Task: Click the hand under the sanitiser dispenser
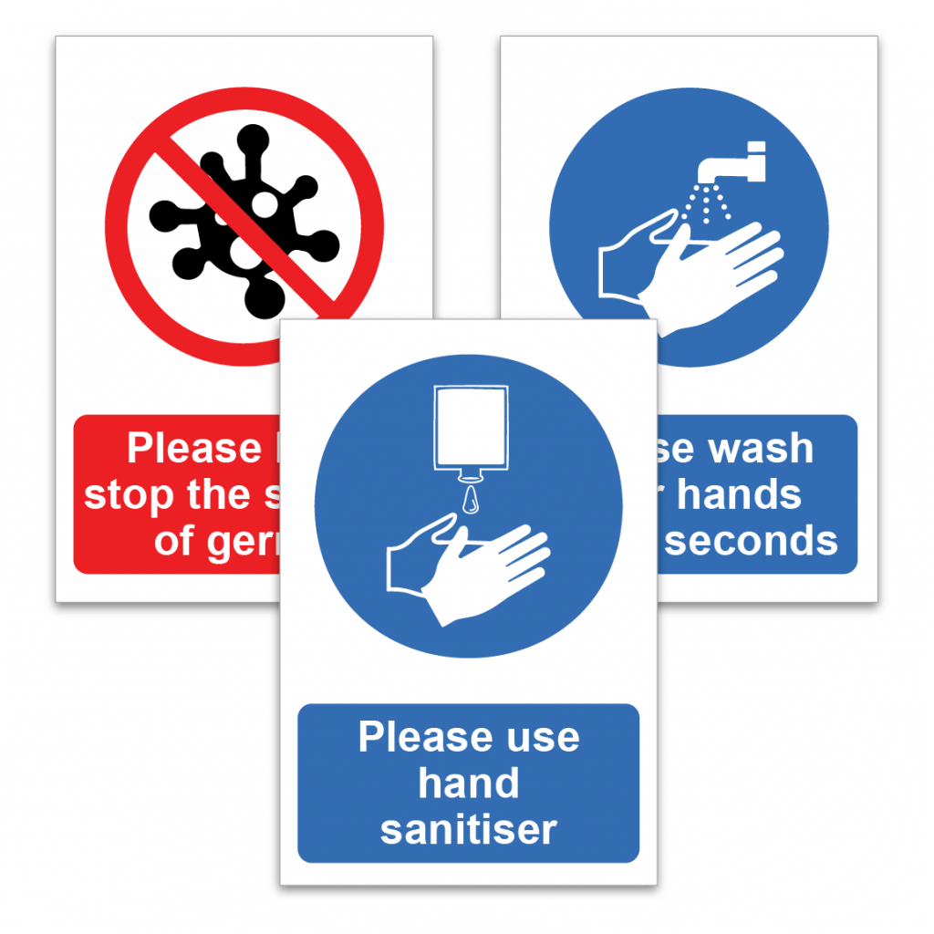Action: (x=470, y=566)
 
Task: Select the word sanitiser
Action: (x=468, y=829)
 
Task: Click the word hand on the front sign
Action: (x=468, y=784)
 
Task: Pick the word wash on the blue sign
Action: (x=759, y=449)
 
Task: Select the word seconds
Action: (x=750, y=541)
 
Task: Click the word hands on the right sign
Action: (x=739, y=494)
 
